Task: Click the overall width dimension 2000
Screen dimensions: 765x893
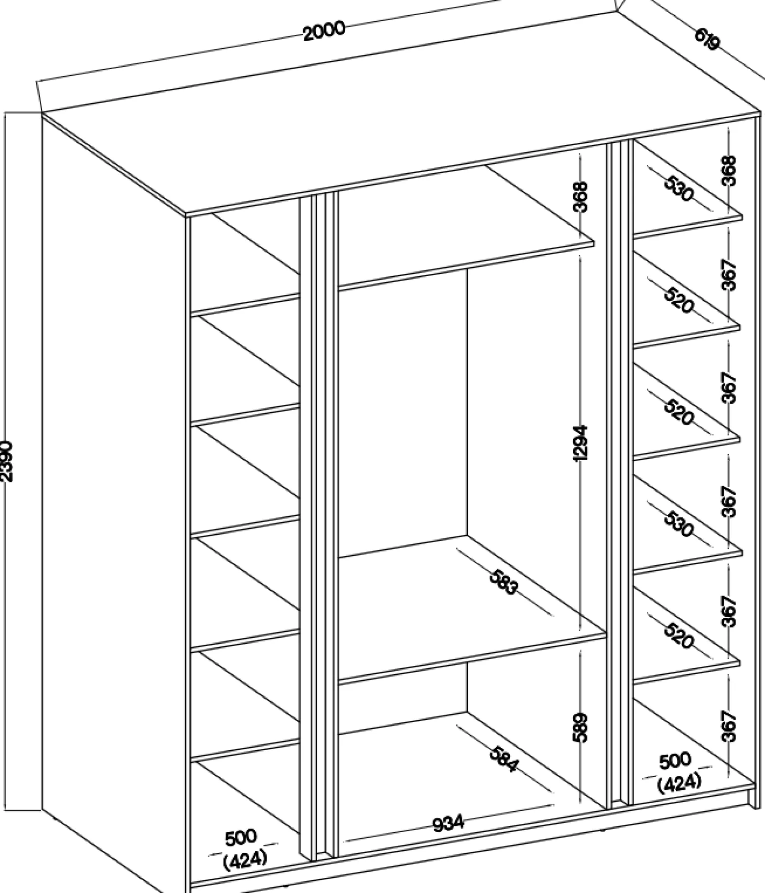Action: coord(324,31)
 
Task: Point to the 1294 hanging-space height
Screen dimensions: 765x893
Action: coord(580,443)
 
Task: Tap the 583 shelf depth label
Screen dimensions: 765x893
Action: coord(504,582)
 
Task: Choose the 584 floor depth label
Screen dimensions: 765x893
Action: coord(504,759)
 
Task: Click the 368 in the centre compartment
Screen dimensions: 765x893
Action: coord(580,196)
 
